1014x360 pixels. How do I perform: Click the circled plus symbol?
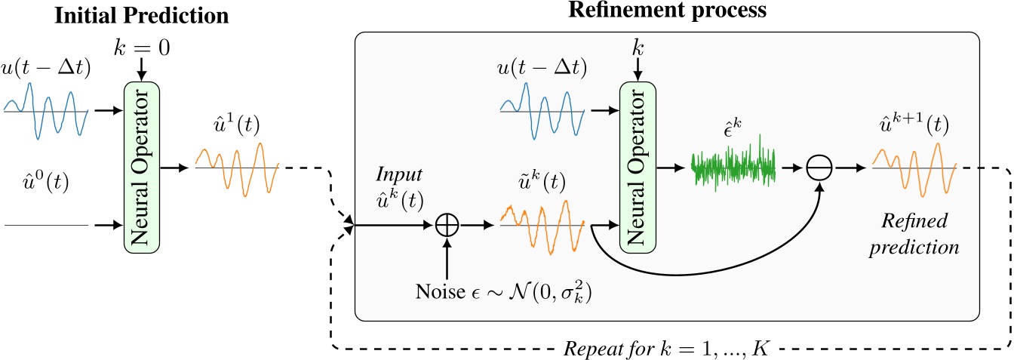[448, 225]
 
